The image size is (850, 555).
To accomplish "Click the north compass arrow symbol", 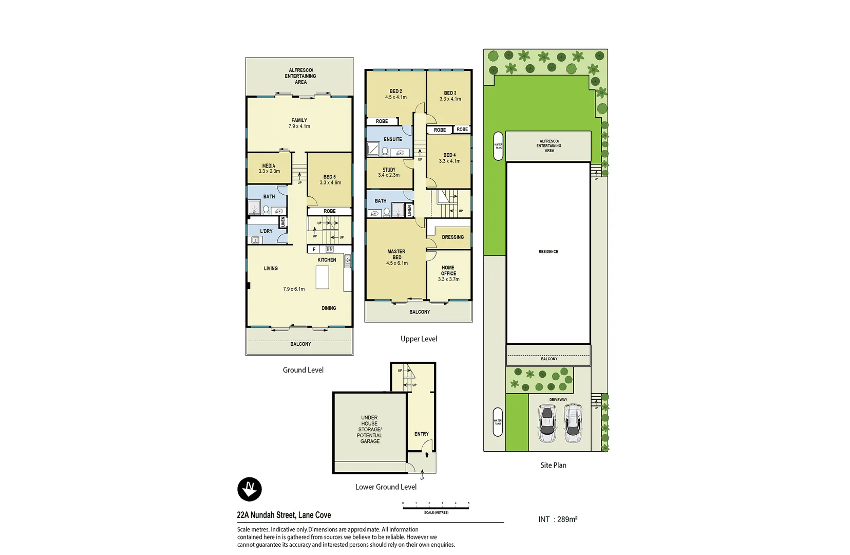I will tap(250, 489).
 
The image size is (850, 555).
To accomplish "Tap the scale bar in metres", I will tap(436, 508).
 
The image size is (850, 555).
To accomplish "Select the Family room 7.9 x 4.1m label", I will tap(299, 123).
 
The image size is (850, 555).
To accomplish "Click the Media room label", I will tap(269, 169).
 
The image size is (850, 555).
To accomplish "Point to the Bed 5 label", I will tap(330, 179).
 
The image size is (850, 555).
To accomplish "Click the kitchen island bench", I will tap(322, 277).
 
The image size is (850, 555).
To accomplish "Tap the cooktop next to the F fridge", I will tap(329, 249).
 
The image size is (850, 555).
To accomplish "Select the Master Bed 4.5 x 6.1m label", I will tap(396, 257).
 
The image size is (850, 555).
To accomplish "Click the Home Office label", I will tap(448, 273).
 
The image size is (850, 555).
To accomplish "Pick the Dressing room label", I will tap(452, 237).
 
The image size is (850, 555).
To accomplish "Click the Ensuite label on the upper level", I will tap(392, 139).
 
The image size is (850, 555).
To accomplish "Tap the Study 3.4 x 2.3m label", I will tap(389, 172).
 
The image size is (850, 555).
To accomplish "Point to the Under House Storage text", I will tap(369, 429).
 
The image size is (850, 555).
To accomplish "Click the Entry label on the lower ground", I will tap(421, 434).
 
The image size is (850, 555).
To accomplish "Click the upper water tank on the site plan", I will tap(498, 146).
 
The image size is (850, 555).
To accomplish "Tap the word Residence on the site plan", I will tap(548, 252).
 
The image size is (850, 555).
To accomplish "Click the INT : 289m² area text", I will tap(557, 520).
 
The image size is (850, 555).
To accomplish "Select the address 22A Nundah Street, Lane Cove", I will tap(284, 515).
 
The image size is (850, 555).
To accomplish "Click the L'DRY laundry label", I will tap(266, 231).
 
